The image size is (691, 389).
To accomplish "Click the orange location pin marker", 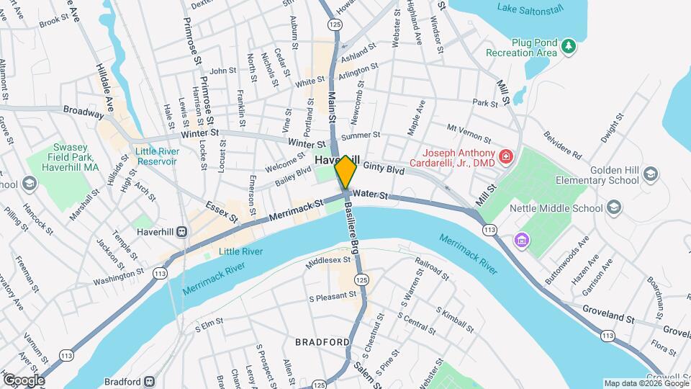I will coord(345,172).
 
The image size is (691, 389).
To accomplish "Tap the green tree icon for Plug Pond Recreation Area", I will coord(569,46).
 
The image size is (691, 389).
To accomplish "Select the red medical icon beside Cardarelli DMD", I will coord(506,156).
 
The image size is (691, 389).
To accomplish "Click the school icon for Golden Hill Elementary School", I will coord(651,174).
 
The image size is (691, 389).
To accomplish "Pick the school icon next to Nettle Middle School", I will coord(614,208).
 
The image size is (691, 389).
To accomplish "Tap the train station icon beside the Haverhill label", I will coord(182,231).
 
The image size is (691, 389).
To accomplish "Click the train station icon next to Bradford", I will coord(149,380).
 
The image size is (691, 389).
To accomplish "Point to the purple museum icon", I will coord(520,239).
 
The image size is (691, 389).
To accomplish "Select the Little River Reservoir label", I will coord(155,156).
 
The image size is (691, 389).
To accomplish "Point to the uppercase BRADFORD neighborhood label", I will coord(322,341).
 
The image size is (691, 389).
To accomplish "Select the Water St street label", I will coord(371,195).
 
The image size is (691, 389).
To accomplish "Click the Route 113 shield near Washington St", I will coord(158,272).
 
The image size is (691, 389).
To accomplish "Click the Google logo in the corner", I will coord(24,380).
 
